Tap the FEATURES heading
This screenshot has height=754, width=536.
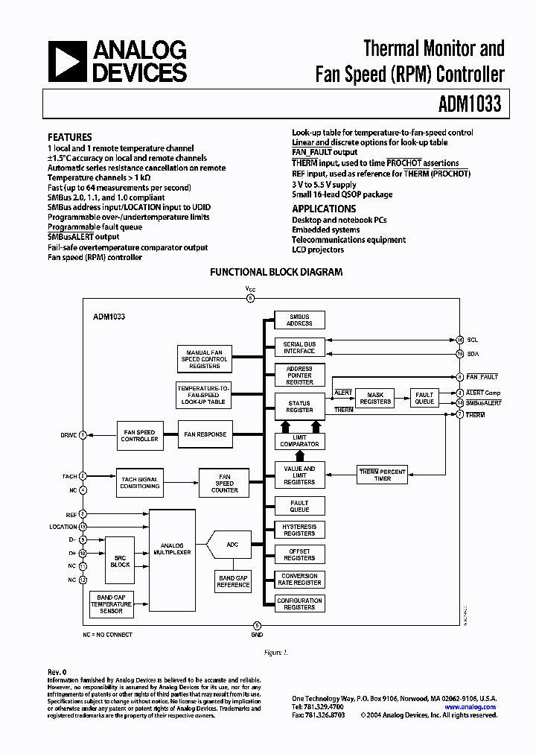click(x=70, y=137)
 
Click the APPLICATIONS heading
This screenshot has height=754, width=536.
click(x=324, y=209)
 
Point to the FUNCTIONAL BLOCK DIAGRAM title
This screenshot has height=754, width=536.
click(x=276, y=272)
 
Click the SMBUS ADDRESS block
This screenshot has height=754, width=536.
click(x=299, y=320)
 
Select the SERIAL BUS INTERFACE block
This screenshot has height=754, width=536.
click(x=299, y=347)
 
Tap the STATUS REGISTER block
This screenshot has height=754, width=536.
click(x=299, y=406)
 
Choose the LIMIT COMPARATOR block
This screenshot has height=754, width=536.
click(x=299, y=441)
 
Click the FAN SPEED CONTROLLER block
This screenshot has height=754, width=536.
click(x=139, y=436)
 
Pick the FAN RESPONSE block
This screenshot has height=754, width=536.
click(x=205, y=434)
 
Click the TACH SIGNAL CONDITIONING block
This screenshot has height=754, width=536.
click(x=140, y=482)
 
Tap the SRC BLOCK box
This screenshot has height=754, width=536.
click(x=120, y=561)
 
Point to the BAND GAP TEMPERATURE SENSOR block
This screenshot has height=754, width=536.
click(x=111, y=602)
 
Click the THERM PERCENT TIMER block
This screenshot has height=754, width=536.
click(x=383, y=475)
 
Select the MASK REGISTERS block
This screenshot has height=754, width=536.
click(x=375, y=398)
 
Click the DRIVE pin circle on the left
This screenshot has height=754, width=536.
click(x=83, y=434)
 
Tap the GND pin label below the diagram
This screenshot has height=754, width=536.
click(x=258, y=635)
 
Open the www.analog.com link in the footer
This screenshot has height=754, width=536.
click(x=470, y=707)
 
